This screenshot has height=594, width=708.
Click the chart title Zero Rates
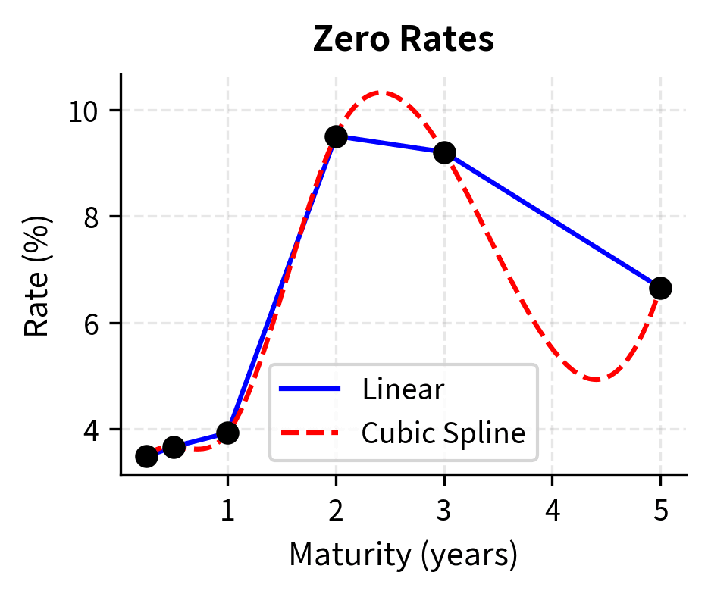click(403, 40)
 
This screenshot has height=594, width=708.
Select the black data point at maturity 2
click(336, 136)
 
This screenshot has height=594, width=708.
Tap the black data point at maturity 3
click(444, 152)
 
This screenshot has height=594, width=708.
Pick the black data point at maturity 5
click(660, 288)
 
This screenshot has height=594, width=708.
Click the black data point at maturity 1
click(227, 433)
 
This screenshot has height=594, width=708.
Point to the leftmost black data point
click(146, 456)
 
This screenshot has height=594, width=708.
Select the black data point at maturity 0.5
click(174, 447)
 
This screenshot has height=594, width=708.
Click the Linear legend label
click(403, 389)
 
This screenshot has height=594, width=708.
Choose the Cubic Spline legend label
click(443, 433)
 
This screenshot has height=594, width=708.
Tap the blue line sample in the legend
click(310, 389)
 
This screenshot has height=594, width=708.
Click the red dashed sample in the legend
click(310, 433)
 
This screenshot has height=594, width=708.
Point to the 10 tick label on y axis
click(86, 111)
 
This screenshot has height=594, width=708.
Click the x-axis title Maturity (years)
click(403, 555)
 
